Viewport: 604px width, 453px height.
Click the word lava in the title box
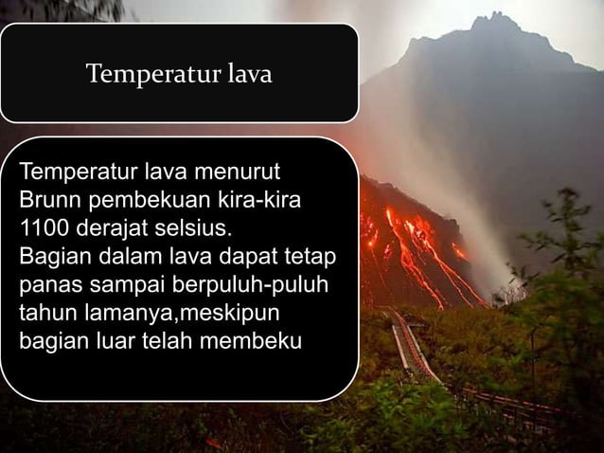(249, 73)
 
